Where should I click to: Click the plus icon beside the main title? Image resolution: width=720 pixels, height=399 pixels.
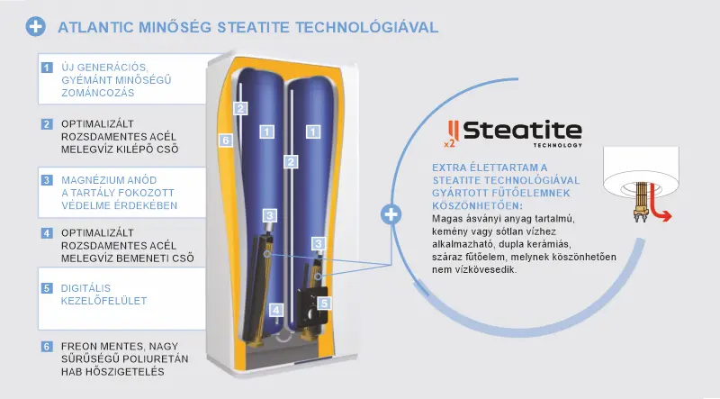click(36, 27)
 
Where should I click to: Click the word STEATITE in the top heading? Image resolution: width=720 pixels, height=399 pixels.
click(254, 27)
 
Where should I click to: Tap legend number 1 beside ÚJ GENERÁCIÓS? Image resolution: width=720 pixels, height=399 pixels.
click(47, 68)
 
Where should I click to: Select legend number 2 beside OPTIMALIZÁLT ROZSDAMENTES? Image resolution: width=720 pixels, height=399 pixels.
click(47, 124)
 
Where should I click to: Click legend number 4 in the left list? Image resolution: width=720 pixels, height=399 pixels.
click(47, 233)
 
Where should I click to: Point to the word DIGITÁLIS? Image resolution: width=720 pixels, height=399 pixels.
click(85, 288)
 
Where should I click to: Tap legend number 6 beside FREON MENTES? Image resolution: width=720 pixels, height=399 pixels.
click(47, 346)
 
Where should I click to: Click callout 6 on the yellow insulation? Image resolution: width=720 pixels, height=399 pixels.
click(226, 141)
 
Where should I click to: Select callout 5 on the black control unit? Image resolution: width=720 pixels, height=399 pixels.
click(324, 303)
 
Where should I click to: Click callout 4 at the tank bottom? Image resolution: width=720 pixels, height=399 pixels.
click(276, 310)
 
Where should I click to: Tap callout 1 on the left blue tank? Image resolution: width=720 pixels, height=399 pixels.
click(266, 131)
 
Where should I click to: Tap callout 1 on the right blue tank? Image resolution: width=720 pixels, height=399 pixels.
click(313, 131)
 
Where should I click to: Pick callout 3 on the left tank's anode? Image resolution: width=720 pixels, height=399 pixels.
click(269, 215)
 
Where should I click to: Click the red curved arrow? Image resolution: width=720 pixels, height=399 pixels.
click(661, 212)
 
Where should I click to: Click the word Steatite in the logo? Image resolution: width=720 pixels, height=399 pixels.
click(523, 131)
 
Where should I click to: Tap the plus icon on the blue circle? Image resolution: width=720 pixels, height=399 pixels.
click(391, 214)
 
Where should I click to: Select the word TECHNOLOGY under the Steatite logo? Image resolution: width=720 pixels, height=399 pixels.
click(558, 145)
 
